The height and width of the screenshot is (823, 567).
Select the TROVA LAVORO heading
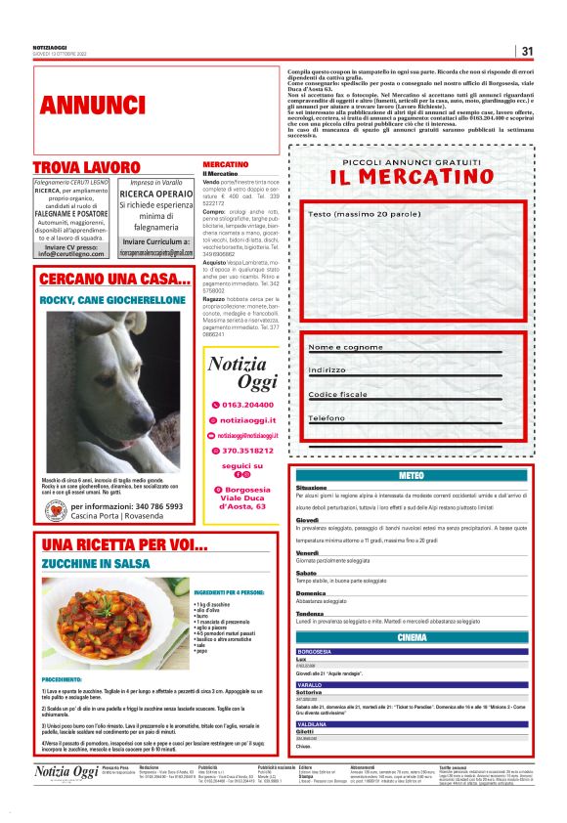86,167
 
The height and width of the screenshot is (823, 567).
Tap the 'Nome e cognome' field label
345,347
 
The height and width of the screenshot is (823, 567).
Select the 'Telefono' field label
327,417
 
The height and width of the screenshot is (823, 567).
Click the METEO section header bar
412,475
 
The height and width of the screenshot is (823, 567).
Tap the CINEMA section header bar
412,637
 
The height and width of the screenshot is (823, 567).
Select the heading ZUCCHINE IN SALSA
95,564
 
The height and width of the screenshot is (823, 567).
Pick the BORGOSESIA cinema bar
412,651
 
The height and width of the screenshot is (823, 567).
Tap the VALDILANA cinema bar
412,723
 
